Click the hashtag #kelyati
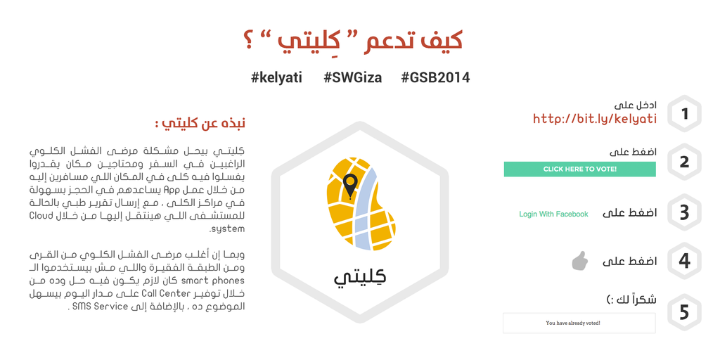click(276, 77)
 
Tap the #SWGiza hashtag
click(352, 77)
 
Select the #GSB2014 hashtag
click(435, 77)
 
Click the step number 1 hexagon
click(684, 113)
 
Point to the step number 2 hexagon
click(684, 162)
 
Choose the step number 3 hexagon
click(684, 212)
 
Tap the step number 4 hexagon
click(684, 262)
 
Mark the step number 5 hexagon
click(684, 311)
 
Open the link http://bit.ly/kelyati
click(595, 119)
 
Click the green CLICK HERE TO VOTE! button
click(579, 169)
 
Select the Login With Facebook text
click(553, 214)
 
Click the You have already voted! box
click(579, 323)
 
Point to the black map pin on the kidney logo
click(350, 186)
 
